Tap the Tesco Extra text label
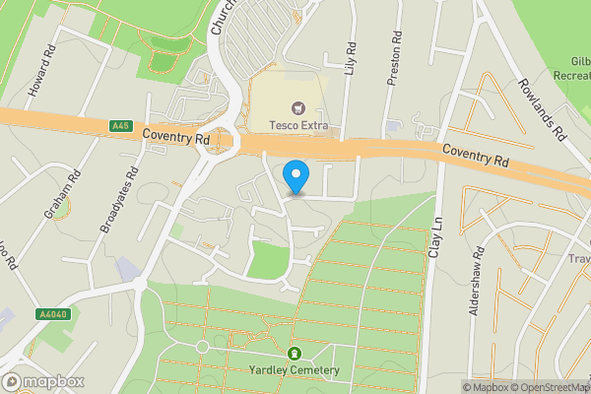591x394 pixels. point(299,126)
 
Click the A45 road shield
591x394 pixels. point(121,125)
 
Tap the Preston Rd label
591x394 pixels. point(394,62)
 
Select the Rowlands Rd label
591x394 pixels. point(541,108)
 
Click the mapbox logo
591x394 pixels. point(42,381)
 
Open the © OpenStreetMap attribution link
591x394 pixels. point(547,387)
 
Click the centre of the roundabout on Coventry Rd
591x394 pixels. point(225,141)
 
